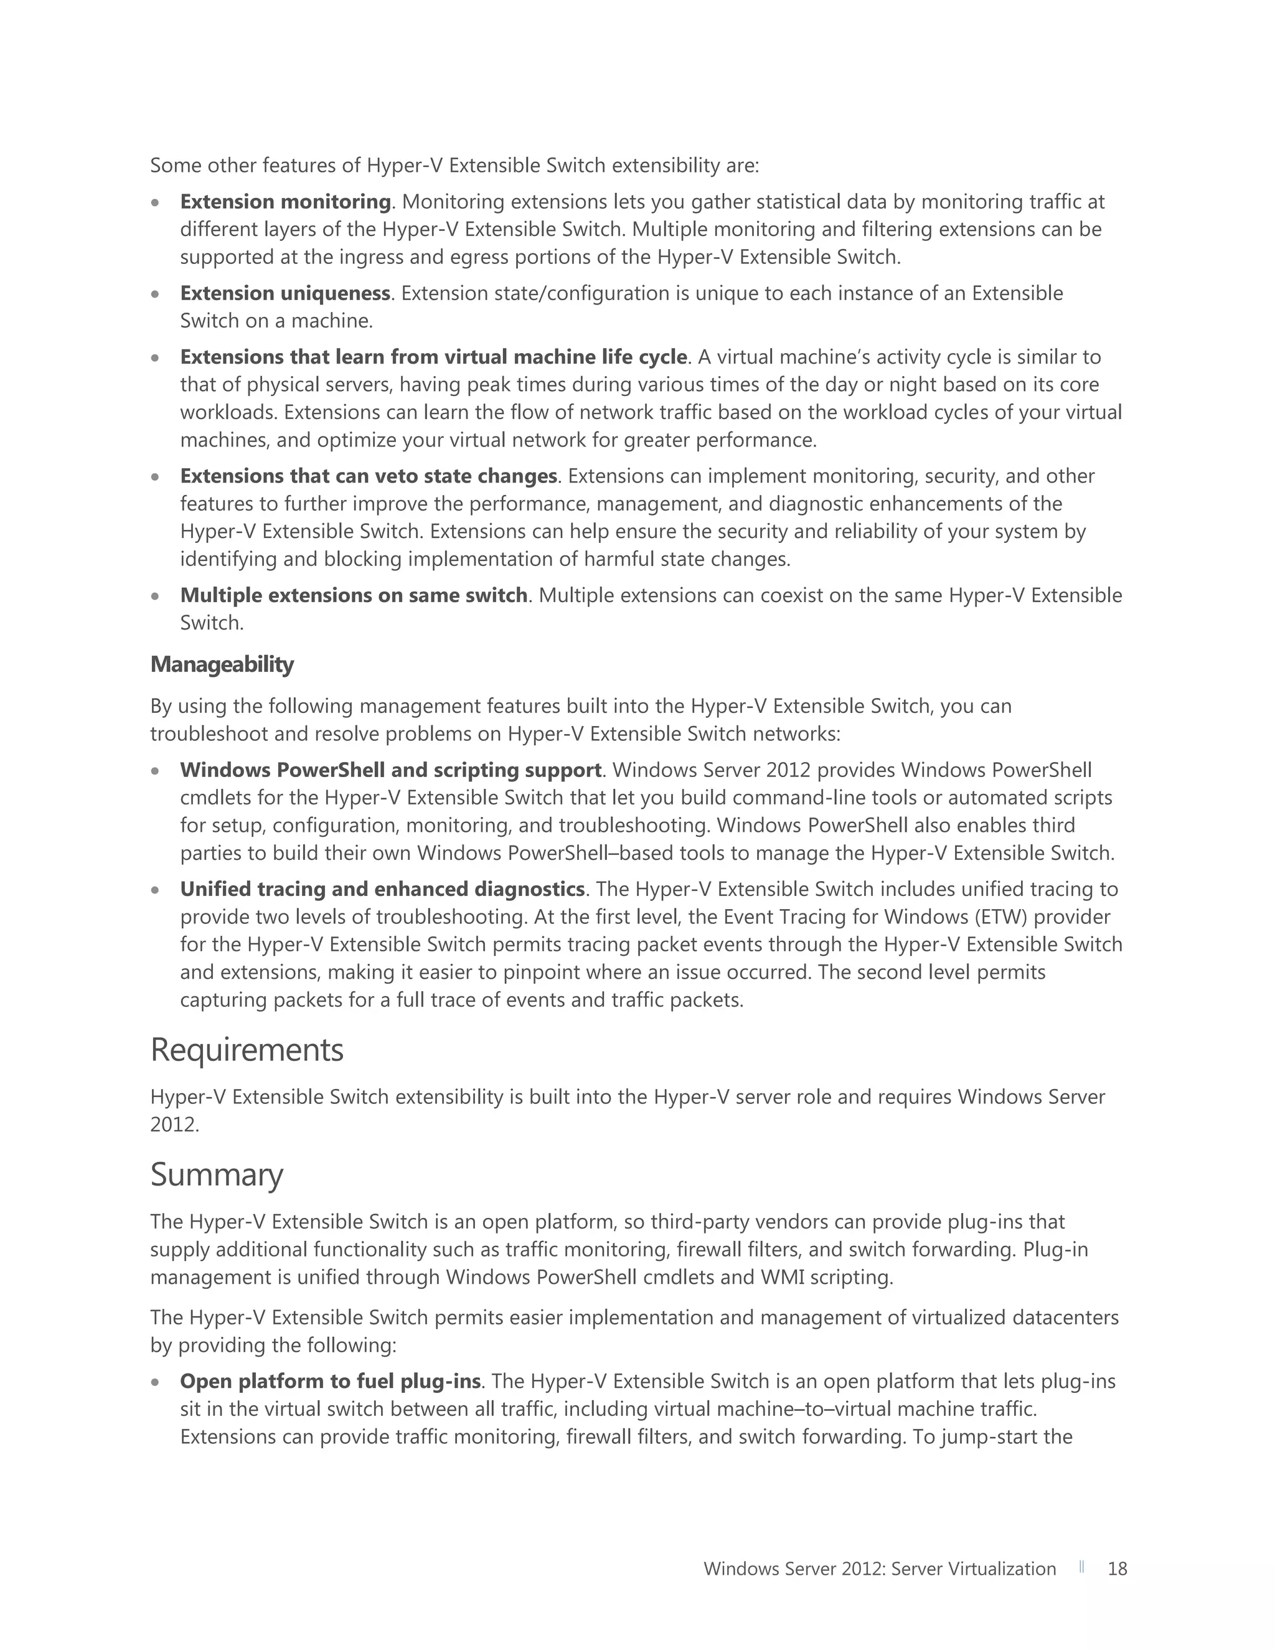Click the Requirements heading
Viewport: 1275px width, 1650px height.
247,1050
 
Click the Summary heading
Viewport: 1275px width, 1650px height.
216,1175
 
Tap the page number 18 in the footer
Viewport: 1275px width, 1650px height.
1117,1568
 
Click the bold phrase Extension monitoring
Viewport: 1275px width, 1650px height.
285,202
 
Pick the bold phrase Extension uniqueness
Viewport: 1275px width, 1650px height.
285,293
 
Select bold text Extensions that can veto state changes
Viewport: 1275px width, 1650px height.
369,476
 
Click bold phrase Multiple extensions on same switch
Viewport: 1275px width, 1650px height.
354,595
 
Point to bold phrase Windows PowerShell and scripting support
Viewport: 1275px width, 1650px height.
390,770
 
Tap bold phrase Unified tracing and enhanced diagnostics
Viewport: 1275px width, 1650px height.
382,889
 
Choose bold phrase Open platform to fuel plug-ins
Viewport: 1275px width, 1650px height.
330,1381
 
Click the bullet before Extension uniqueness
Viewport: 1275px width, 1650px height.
156,294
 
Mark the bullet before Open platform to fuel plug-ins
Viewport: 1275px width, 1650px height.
156,1382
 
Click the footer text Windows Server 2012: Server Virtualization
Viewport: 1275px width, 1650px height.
879,1568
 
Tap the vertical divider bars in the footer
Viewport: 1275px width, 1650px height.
1081,1567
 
